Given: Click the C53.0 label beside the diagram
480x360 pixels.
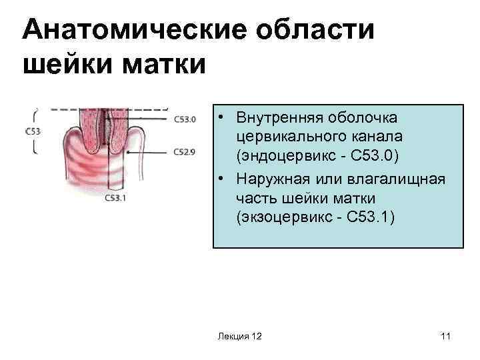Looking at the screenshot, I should coord(185,120).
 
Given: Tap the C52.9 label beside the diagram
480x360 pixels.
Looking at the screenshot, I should coord(185,152).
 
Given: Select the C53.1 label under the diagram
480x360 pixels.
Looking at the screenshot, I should coord(116,198).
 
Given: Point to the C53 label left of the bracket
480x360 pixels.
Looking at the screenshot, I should coord(33,131).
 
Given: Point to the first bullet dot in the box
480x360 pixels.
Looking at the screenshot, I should coord(220,117).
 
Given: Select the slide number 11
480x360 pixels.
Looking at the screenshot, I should coord(445,337).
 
